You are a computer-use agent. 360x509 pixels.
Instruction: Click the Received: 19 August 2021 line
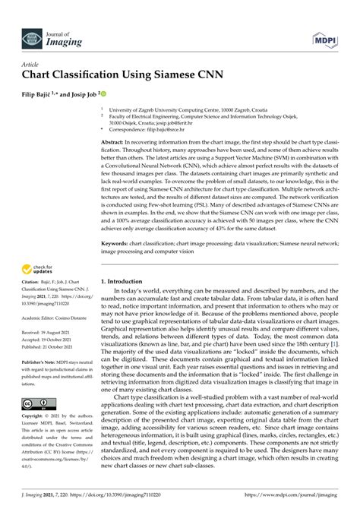click(x=50, y=332)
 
